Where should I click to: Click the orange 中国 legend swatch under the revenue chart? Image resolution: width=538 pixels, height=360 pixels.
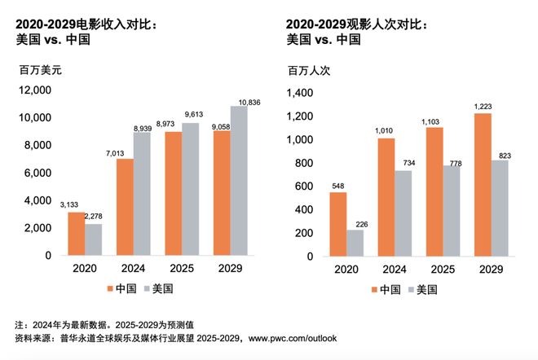(112, 288)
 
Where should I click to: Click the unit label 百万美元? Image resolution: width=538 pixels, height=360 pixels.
(41, 70)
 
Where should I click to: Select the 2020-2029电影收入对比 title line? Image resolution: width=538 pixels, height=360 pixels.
(86, 24)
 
